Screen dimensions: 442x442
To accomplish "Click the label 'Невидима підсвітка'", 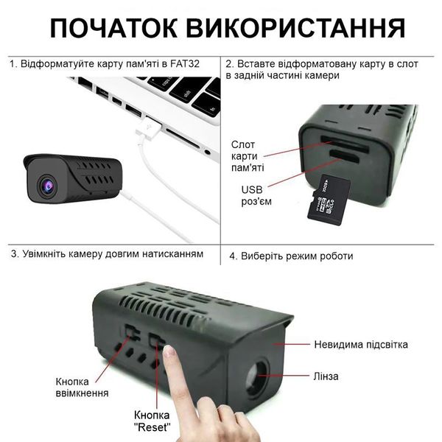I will pyautogui.click(x=361, y=345).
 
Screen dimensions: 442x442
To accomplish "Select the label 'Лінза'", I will pyautogui.click(x=326, y=376).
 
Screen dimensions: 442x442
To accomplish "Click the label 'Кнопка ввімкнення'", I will pyautogui.click(x=82, y=387).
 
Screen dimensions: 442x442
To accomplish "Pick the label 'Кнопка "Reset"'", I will pyautogui.click(x=152, y=421).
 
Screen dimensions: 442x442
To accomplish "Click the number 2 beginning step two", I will pyautogui.click(x=230, y=63).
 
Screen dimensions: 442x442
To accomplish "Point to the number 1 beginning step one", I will pyautogui.click(x=13, y=63).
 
